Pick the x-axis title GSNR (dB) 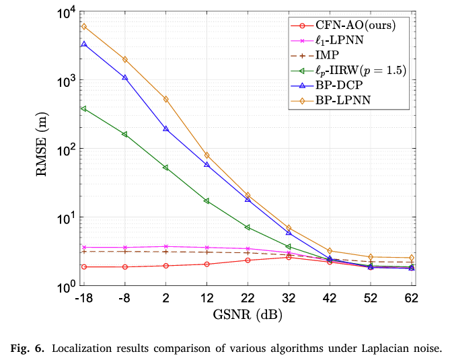(248, 314)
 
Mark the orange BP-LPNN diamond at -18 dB (84, 27)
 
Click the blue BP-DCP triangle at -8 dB (125, 77)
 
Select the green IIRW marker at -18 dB (84, 108)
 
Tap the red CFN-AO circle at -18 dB (84, 267)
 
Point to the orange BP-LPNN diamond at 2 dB (165, 99)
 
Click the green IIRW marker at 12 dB (207, 201)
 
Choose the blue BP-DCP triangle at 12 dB (207, 164)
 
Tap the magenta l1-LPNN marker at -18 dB (84, 248)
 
